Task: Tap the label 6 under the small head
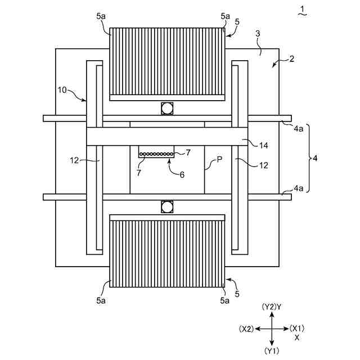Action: click(181, 175)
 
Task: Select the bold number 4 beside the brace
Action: click(315, 159)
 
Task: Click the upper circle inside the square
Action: click(167, 108)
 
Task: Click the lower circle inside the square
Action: click(167, 207)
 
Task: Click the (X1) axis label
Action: click(298, 328)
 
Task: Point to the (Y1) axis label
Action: click(272, 351)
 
